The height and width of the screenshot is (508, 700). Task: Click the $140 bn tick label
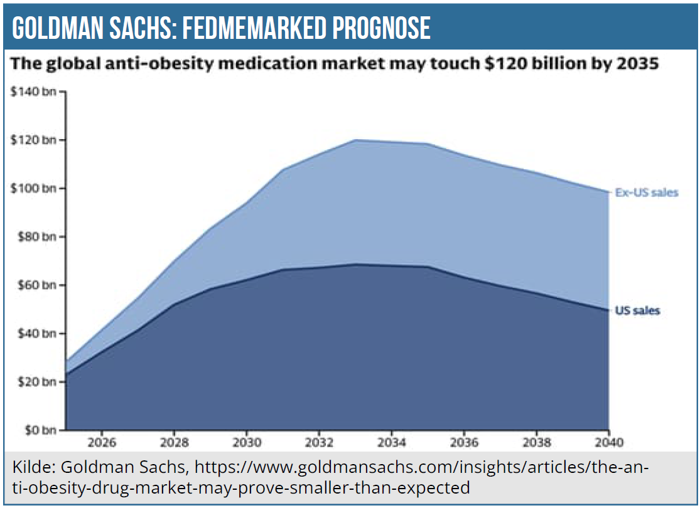click(33, 92)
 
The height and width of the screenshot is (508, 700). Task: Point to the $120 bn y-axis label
click(33, 140)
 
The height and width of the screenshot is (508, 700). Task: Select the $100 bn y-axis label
click(33, 189)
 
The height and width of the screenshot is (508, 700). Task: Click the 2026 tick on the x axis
click(102, 442)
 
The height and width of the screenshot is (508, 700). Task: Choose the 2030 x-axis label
click(247, 442)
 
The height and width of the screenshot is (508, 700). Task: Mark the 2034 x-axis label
click(392, 442)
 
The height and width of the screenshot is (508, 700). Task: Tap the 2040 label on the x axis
click(608, 442)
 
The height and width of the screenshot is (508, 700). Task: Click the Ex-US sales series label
click(647, 193)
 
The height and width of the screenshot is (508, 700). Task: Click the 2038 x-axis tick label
click(536, 442)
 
